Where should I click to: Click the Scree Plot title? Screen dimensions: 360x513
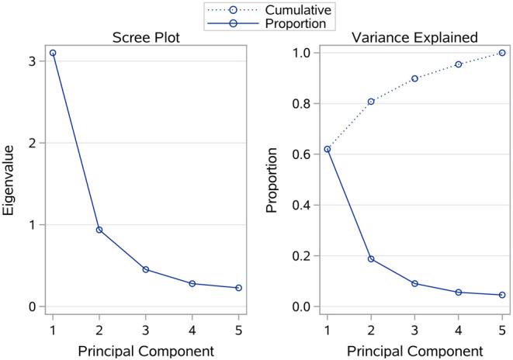click(149, 36)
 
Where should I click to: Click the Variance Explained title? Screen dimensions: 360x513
click(415, 36)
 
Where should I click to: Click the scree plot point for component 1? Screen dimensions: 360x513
click(53, 53)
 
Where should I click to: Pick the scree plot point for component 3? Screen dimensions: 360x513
click(147, 269)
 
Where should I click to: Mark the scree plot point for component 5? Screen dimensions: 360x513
click(239, 288)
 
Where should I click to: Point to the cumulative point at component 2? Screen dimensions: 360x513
click(371, 102)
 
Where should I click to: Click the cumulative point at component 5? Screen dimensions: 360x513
click(502, 53)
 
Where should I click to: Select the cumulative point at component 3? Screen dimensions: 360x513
click(414, 78)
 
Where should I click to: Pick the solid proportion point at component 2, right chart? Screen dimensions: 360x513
click(371, 258)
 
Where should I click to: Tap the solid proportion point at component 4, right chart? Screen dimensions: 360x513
click(459, 292)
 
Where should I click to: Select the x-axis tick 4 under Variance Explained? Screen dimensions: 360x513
click(459, 326)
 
